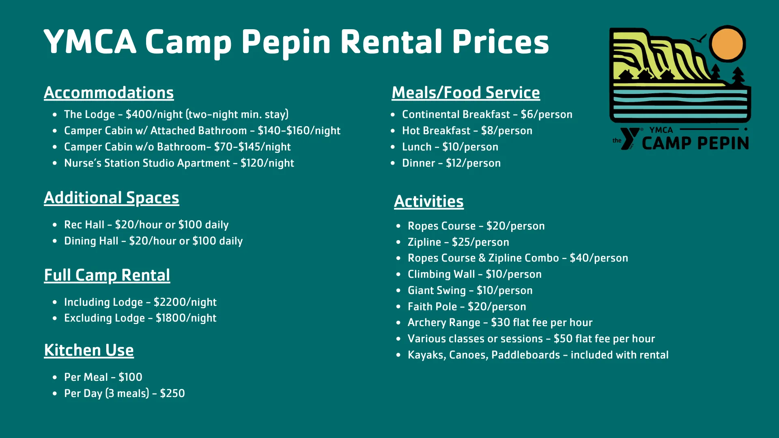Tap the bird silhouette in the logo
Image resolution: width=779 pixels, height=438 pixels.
click(x=699, y=39)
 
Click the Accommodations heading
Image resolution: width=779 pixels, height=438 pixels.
click(x=109, y=93)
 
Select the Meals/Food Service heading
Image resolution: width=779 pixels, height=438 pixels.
click(x=466, y=93)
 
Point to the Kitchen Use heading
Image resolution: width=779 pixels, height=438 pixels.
click(x=89, y=350)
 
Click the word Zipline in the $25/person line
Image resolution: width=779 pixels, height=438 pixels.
click(x=424, y=242)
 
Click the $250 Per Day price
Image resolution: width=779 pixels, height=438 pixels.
click(x=172, y=393)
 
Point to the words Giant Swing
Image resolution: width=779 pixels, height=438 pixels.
click(x=437, y=290)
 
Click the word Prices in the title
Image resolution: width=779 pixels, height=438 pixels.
click(x=500, y=42)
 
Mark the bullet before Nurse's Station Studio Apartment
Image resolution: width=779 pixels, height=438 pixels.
click(x=55, y=163)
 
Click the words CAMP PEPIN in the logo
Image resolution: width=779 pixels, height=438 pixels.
click(x=695, y=143)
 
